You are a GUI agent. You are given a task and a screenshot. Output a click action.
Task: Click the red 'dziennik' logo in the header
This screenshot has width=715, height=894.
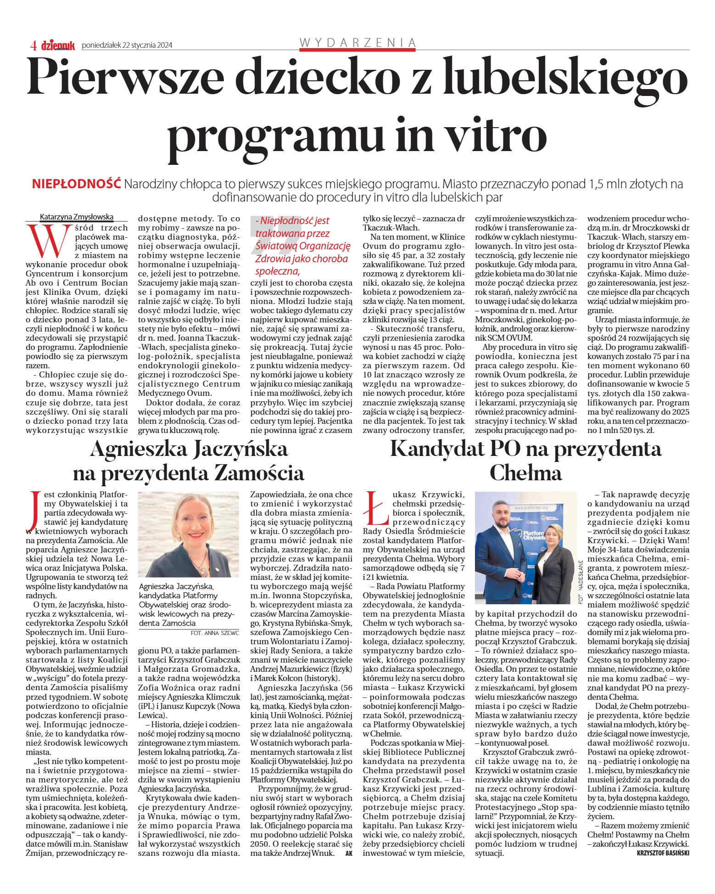(58, 45)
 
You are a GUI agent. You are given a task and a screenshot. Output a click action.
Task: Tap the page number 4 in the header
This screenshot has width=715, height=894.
(34, 45)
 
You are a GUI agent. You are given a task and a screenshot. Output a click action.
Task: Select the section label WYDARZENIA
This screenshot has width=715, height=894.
(357, 43)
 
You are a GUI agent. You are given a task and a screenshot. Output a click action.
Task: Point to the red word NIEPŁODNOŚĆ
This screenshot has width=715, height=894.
(76, 184)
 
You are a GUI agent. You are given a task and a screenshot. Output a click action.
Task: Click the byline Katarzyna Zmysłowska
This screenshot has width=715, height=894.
(77, 217)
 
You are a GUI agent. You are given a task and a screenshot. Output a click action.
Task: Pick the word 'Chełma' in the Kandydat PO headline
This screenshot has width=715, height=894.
(525, 473)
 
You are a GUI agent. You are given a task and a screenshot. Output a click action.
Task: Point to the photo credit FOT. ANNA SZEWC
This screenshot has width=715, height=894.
(215, 633)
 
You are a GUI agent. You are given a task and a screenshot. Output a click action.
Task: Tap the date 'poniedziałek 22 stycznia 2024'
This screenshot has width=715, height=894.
(127, 45)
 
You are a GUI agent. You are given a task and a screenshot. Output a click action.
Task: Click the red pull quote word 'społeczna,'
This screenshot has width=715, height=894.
(278, 271)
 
